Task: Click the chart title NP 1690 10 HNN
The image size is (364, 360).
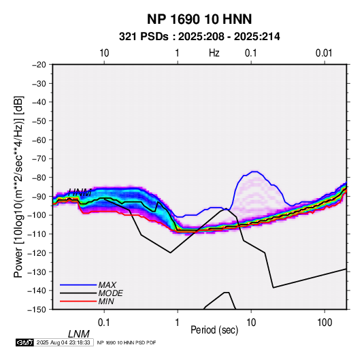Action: [199, 19]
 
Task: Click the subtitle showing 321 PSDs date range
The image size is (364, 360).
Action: [199, 37]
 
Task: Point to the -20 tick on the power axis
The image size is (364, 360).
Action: [39, 65]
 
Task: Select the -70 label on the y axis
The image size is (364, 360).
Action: [39, 159]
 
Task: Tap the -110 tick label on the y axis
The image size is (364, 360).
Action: [37, 234]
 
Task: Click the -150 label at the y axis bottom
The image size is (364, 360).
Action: [37, 310]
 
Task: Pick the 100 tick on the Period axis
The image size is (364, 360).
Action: [325, 323]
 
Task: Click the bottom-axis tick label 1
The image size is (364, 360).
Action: [178, 323]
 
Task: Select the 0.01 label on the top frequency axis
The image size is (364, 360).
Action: [324, 53]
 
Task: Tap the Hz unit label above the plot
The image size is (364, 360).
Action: [214, 53]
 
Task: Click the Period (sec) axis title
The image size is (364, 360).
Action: [214, 330]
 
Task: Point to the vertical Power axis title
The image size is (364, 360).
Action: [18, 186]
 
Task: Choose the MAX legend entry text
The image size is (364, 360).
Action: [107, 285]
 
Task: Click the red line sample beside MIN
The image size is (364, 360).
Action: [78, 301]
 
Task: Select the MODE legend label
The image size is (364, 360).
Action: [110, 293]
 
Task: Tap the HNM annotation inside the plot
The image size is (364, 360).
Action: [80, 193]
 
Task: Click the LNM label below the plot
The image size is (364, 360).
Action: [78, 334]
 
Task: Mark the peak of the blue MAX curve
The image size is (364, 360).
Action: [254, 171]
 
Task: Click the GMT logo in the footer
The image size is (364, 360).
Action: [24, 342]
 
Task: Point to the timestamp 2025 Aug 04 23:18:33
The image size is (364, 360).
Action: [63, 342]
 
